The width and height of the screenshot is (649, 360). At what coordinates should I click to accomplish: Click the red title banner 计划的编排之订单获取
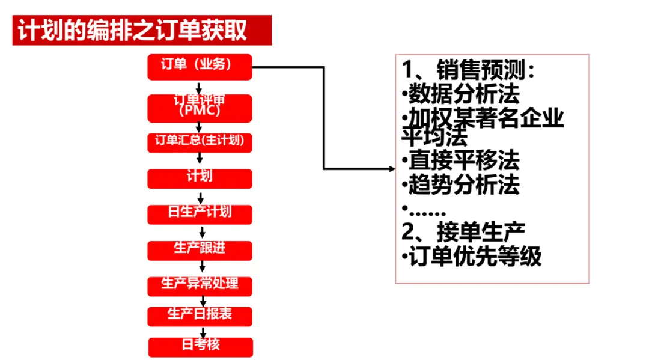click(x=142, y=31)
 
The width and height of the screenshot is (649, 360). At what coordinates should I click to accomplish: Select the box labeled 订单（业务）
click(x=200, y=67)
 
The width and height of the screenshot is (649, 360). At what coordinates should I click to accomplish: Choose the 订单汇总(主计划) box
click(x=200, y=142)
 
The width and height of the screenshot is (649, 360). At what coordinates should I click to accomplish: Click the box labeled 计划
click(x=200, y=178)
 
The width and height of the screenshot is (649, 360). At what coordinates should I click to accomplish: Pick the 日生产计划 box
click(x=200, y=214)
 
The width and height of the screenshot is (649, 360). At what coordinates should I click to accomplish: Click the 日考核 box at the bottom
click(x=200, y=347)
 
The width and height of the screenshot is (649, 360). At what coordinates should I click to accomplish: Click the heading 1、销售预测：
click(x=469, y=70)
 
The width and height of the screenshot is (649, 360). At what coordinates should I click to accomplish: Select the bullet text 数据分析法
click(x=463, y=95)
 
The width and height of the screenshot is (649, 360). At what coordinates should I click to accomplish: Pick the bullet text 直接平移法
click(x=463, y=161)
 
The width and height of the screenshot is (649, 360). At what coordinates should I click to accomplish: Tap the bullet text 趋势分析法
click(x=463, y=185)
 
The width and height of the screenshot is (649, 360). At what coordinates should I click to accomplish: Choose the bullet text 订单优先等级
click(x=475, y=257)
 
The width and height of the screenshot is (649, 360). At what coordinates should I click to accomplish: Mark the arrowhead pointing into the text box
click(x=391, y=169)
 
